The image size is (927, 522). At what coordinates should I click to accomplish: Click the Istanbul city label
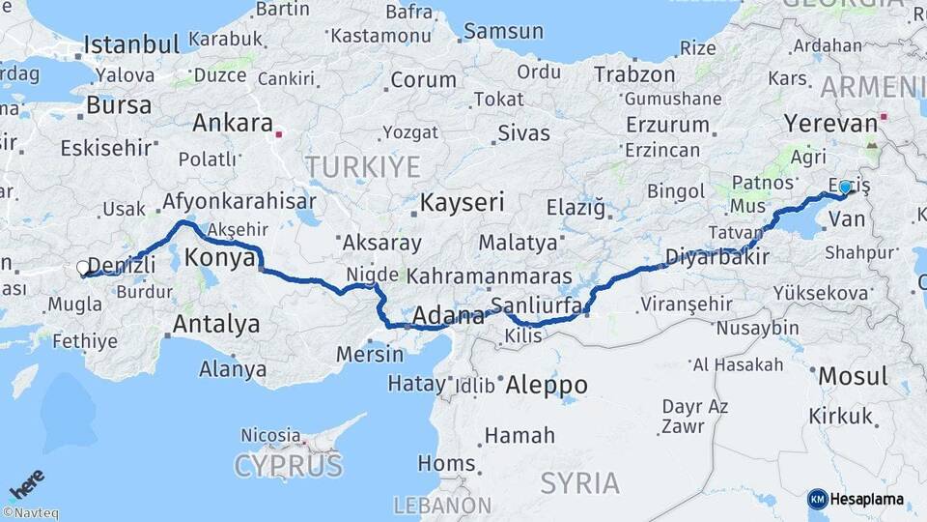point(132,44)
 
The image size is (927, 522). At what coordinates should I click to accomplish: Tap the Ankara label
point(232,123)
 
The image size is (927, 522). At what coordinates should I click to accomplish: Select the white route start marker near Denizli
point(84,268)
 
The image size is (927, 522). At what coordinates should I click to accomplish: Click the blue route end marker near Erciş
point(845,187)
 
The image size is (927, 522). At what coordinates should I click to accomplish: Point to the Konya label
point(219,257)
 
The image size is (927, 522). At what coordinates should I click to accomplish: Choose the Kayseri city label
point(462,203)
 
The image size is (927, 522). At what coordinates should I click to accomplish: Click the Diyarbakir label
point(716,256)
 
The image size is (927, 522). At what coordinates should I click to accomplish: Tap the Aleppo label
point(547,384)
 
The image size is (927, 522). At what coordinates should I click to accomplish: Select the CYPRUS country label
point(288,467)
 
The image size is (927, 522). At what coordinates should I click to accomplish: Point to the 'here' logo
point(27,481)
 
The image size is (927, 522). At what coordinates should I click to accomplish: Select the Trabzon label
point(634,73)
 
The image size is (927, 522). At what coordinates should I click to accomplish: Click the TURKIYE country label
point(363,167)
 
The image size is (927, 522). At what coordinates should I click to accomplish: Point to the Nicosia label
point(270,435)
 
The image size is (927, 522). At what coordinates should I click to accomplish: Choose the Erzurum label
point(667,125)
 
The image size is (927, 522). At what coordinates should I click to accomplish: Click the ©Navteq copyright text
point(29,513)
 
